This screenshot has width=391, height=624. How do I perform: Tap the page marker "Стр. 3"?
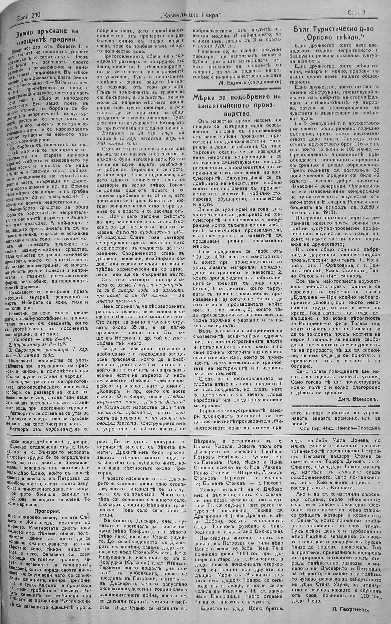(x=356, y=13)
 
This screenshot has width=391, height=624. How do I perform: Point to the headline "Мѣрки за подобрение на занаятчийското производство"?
(x=238, y=105)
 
